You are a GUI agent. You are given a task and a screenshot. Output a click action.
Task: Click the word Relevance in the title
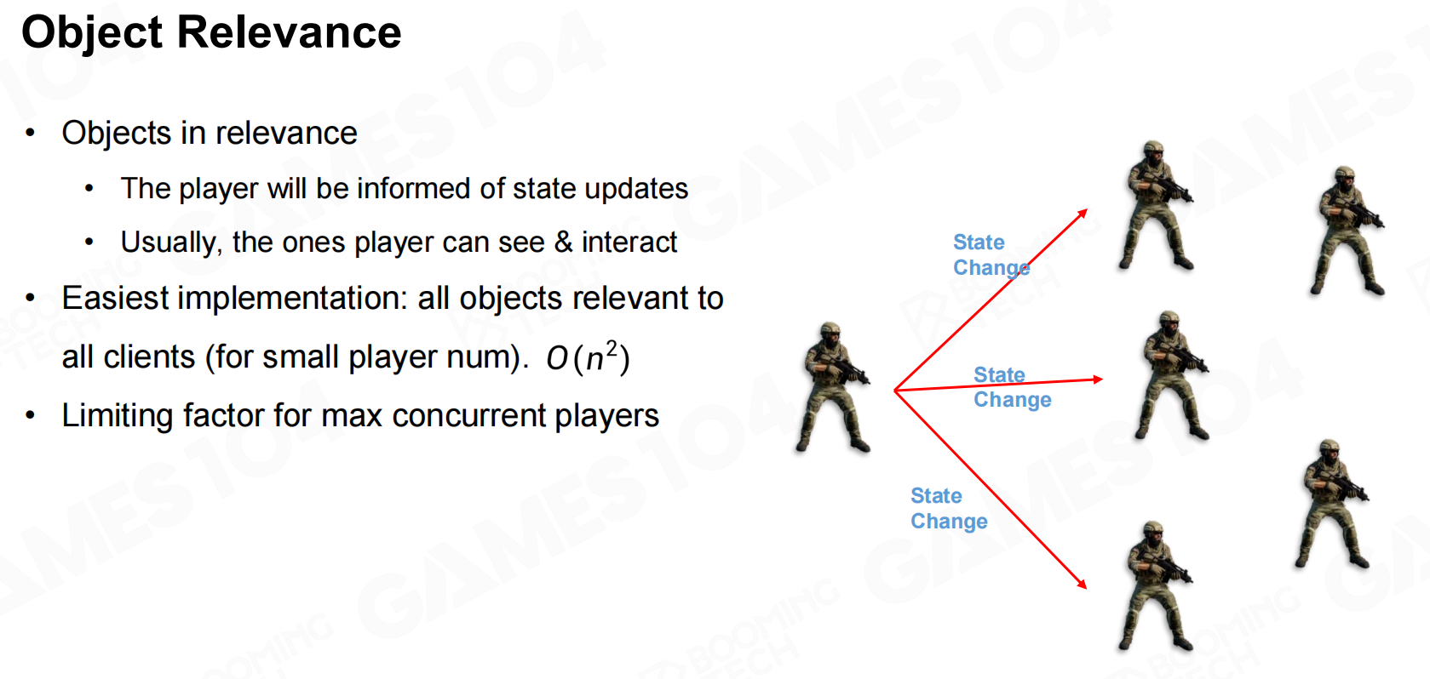coord(289,31)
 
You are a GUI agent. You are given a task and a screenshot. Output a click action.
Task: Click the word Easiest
coord(115,298)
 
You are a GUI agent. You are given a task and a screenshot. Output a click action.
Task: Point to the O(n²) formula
coord(588,357)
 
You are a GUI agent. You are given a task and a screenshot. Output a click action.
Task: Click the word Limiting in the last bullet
coord(117,416)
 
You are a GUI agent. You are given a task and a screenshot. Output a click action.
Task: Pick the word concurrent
coord(469,416)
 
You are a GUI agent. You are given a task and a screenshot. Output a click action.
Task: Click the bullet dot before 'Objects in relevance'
coord(30,134)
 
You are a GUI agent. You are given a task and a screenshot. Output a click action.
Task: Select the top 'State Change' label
coord(991,255)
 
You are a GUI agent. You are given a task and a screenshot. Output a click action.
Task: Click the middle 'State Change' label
coord(1012,387)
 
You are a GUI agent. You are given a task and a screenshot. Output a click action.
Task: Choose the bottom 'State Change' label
coord(949,508)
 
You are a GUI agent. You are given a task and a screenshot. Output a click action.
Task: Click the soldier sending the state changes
coord(832,387)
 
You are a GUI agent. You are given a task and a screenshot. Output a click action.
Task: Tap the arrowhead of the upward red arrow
coord(1083,214)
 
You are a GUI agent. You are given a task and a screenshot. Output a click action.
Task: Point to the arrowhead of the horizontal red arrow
coord(1098,379)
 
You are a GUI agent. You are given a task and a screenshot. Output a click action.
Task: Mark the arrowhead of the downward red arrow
coord(1082,584)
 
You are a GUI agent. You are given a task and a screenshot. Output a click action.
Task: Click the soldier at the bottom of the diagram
coord(1155,586)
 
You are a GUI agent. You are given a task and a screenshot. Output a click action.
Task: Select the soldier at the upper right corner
coord(1347,230)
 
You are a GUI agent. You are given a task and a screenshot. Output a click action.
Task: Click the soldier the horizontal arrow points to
coord(1171,375)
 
